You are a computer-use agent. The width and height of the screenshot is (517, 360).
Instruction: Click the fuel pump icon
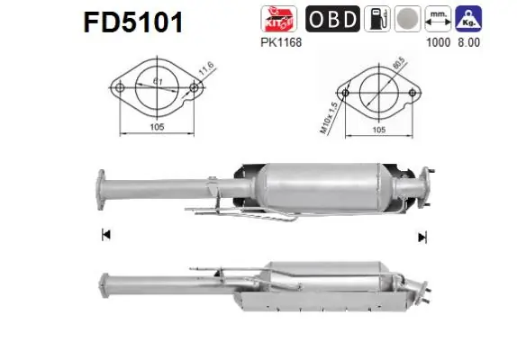tap(376, 19)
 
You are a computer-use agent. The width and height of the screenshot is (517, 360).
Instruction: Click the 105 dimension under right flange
tap(379, 129)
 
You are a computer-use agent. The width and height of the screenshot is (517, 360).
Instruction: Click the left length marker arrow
tap(105, 236)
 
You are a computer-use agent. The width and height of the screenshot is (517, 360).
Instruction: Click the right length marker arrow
tap(421, 237)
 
